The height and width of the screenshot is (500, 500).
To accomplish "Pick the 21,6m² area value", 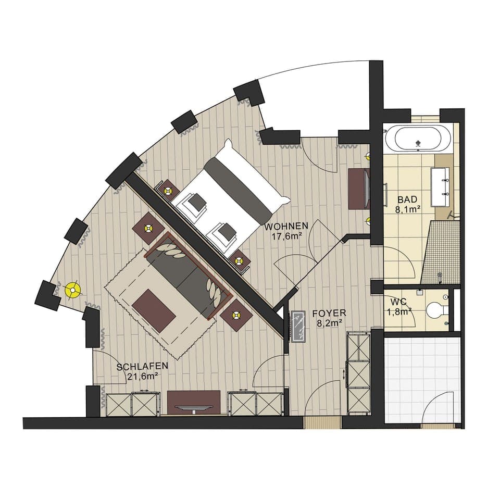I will (x=143, y=377).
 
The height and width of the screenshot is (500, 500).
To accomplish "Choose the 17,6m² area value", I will (x=286, y=236).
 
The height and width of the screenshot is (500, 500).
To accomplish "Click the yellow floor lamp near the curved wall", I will (x=73, y=290).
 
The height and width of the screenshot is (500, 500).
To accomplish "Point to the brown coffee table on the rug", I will (x=154, y=311).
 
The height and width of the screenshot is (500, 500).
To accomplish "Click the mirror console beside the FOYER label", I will (x=298, y=326).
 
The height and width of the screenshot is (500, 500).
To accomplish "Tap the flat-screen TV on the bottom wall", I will (x=193, y=408).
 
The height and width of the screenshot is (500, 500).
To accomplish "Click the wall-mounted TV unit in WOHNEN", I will (x=359, y=189).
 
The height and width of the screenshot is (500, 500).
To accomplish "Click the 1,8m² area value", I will (x=399, y=311).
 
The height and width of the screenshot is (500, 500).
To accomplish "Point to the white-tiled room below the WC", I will (x=422, y=378).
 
